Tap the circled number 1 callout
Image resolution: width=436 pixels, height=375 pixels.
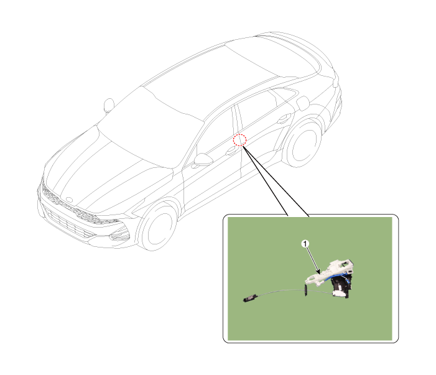pos(305,244)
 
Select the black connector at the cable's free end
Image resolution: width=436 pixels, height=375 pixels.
pos(250,299)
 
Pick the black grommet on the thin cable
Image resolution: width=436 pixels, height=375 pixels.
pos(306,291)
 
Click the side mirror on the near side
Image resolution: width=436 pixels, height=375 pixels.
pos(203,159)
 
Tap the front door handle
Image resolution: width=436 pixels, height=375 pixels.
pos(231,152)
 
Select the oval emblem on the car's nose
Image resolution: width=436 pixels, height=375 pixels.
pos(69,200)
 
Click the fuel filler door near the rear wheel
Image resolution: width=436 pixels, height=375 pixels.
pos(303,103)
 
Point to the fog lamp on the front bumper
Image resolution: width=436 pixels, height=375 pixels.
pos(119,236)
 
